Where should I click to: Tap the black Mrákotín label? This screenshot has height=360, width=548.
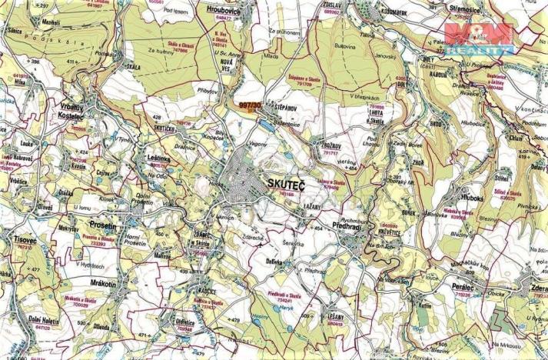click(97, 283)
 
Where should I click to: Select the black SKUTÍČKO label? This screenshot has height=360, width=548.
click(166, 129)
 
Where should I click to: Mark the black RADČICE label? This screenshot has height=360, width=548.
click(204, 293)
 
